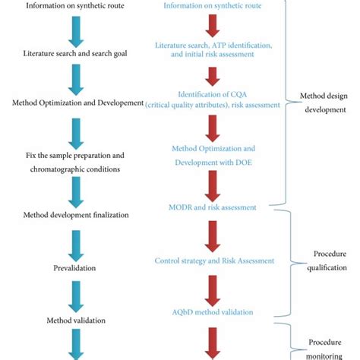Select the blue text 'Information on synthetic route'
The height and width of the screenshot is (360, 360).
pos(213,6)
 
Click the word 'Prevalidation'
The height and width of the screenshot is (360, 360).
pos(74,267)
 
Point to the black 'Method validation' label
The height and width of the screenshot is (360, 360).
pos(74,321)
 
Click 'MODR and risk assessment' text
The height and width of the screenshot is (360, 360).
pos(213,207)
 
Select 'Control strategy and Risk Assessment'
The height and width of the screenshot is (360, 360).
pos(214,261)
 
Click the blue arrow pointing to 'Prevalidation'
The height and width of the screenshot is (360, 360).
pos(76,242)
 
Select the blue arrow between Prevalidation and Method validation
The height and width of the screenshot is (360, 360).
pos(76,294)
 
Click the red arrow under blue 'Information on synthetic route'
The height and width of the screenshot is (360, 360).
pos(213,27)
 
